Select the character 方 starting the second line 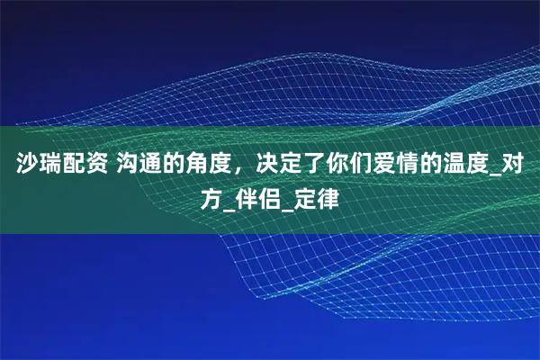[211, 196]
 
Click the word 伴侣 [261, 196]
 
